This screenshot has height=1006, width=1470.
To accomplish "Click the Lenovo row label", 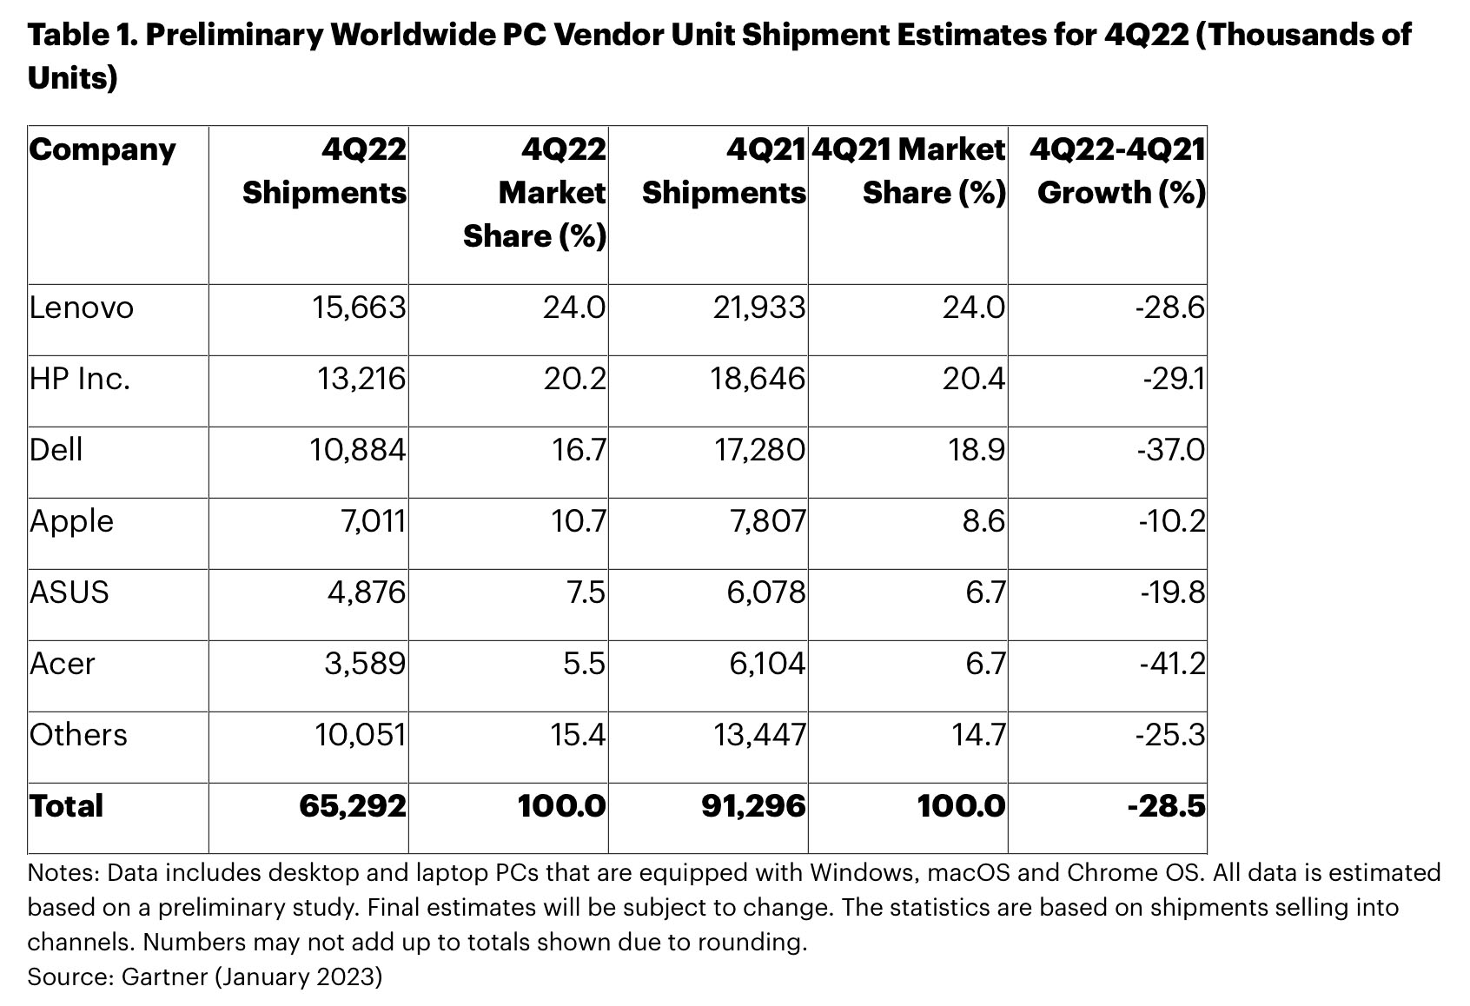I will click(x=82, y=308).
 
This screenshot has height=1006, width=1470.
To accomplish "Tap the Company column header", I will click(x=103, y=150).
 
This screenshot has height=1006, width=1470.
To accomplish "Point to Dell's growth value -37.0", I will click(x=1170, y=450).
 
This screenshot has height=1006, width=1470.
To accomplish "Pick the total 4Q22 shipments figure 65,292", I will click(x=353, y=806).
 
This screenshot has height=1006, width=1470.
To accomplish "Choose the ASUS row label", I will click(x=70, y=592).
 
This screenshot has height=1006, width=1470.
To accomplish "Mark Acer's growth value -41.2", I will click(x=1172, y=664).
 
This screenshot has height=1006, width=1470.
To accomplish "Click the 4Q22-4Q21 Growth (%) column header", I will click(x=1119, y=171).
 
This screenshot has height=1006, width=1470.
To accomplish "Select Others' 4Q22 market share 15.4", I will click(x=577, y=735).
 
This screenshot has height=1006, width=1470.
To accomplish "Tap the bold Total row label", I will click(x=67, y=806).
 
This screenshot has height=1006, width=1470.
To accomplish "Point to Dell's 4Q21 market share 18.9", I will click(x=974, y=450).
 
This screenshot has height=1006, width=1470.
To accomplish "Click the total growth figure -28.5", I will click(x=1167, y=806).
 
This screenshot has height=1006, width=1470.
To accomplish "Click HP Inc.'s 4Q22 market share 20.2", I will click(x=575, y=380).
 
